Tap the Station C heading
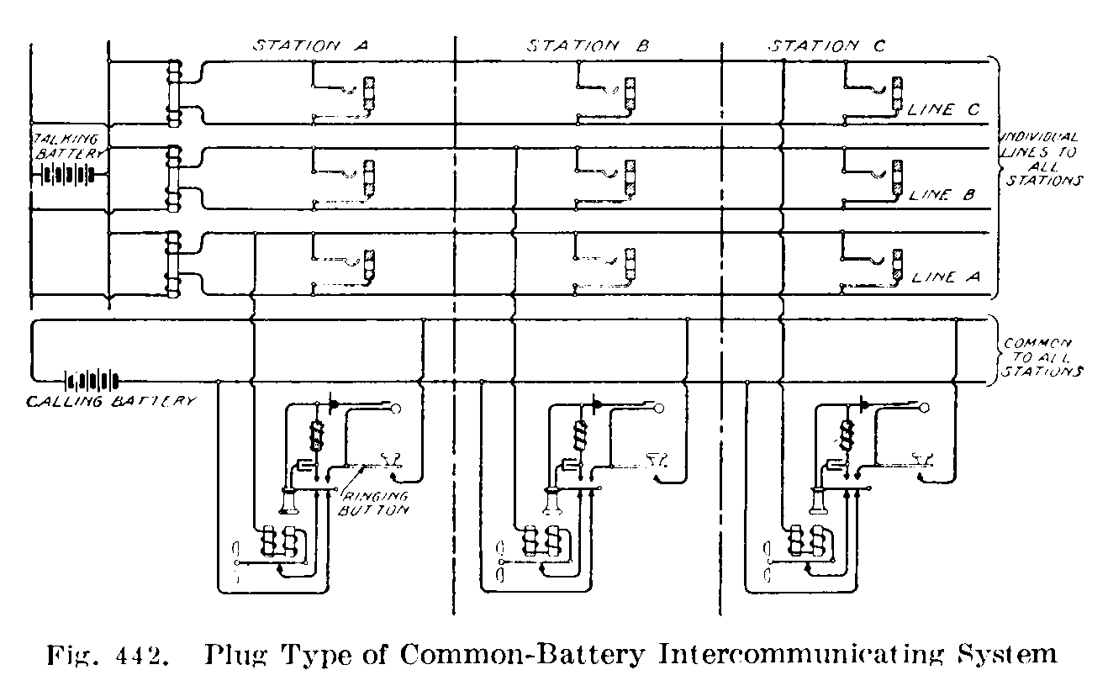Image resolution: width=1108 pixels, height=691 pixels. coord(826,47)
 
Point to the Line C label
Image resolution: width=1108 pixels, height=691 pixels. coord(944,110)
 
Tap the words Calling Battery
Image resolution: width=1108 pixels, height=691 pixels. coord(112,402)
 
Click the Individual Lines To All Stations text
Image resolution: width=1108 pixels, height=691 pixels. coord(1042,159)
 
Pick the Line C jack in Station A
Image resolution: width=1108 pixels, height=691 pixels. coord(369,93)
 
